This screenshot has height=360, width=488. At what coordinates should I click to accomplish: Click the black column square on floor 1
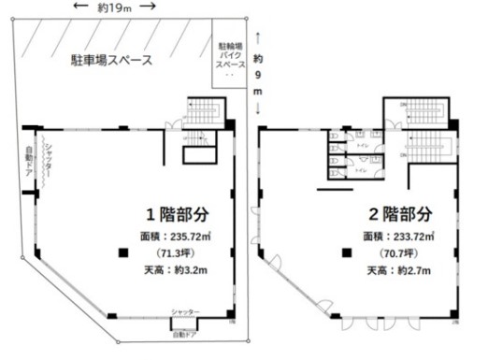[120, 252]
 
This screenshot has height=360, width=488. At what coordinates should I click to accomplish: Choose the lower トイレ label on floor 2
[360, 171]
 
